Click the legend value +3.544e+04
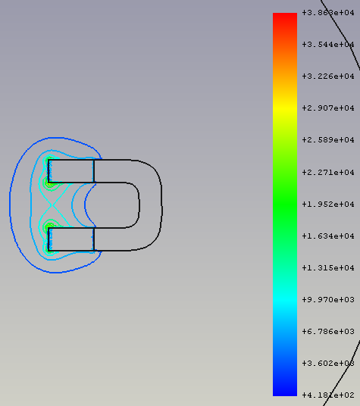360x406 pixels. click(x=328, y=44)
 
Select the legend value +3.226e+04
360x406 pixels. click(x=328, y=76)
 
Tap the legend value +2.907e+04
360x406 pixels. click(x=328, y=108)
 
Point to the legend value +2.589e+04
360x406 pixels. click(x=328, y=140)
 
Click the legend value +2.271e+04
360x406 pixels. click(x=328, y=172)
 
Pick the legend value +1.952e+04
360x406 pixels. click(x=328, y=204)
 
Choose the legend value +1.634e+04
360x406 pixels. click(x=328, y=236)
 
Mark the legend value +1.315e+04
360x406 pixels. click(x=328, y=267)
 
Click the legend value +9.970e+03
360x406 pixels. click(x=328, y=300)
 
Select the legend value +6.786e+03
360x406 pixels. click(x=328, y=331)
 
